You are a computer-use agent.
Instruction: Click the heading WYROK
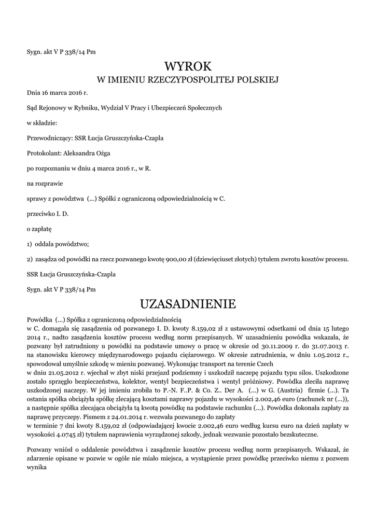click(188, 66)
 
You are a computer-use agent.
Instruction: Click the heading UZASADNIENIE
click(188, 303)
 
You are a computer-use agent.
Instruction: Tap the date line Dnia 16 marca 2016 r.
click(57, 93)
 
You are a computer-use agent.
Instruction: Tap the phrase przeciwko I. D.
click(48, 213)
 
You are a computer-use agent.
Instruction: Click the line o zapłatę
click(39, 228)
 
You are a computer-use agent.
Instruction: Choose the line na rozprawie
click(44, 183)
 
